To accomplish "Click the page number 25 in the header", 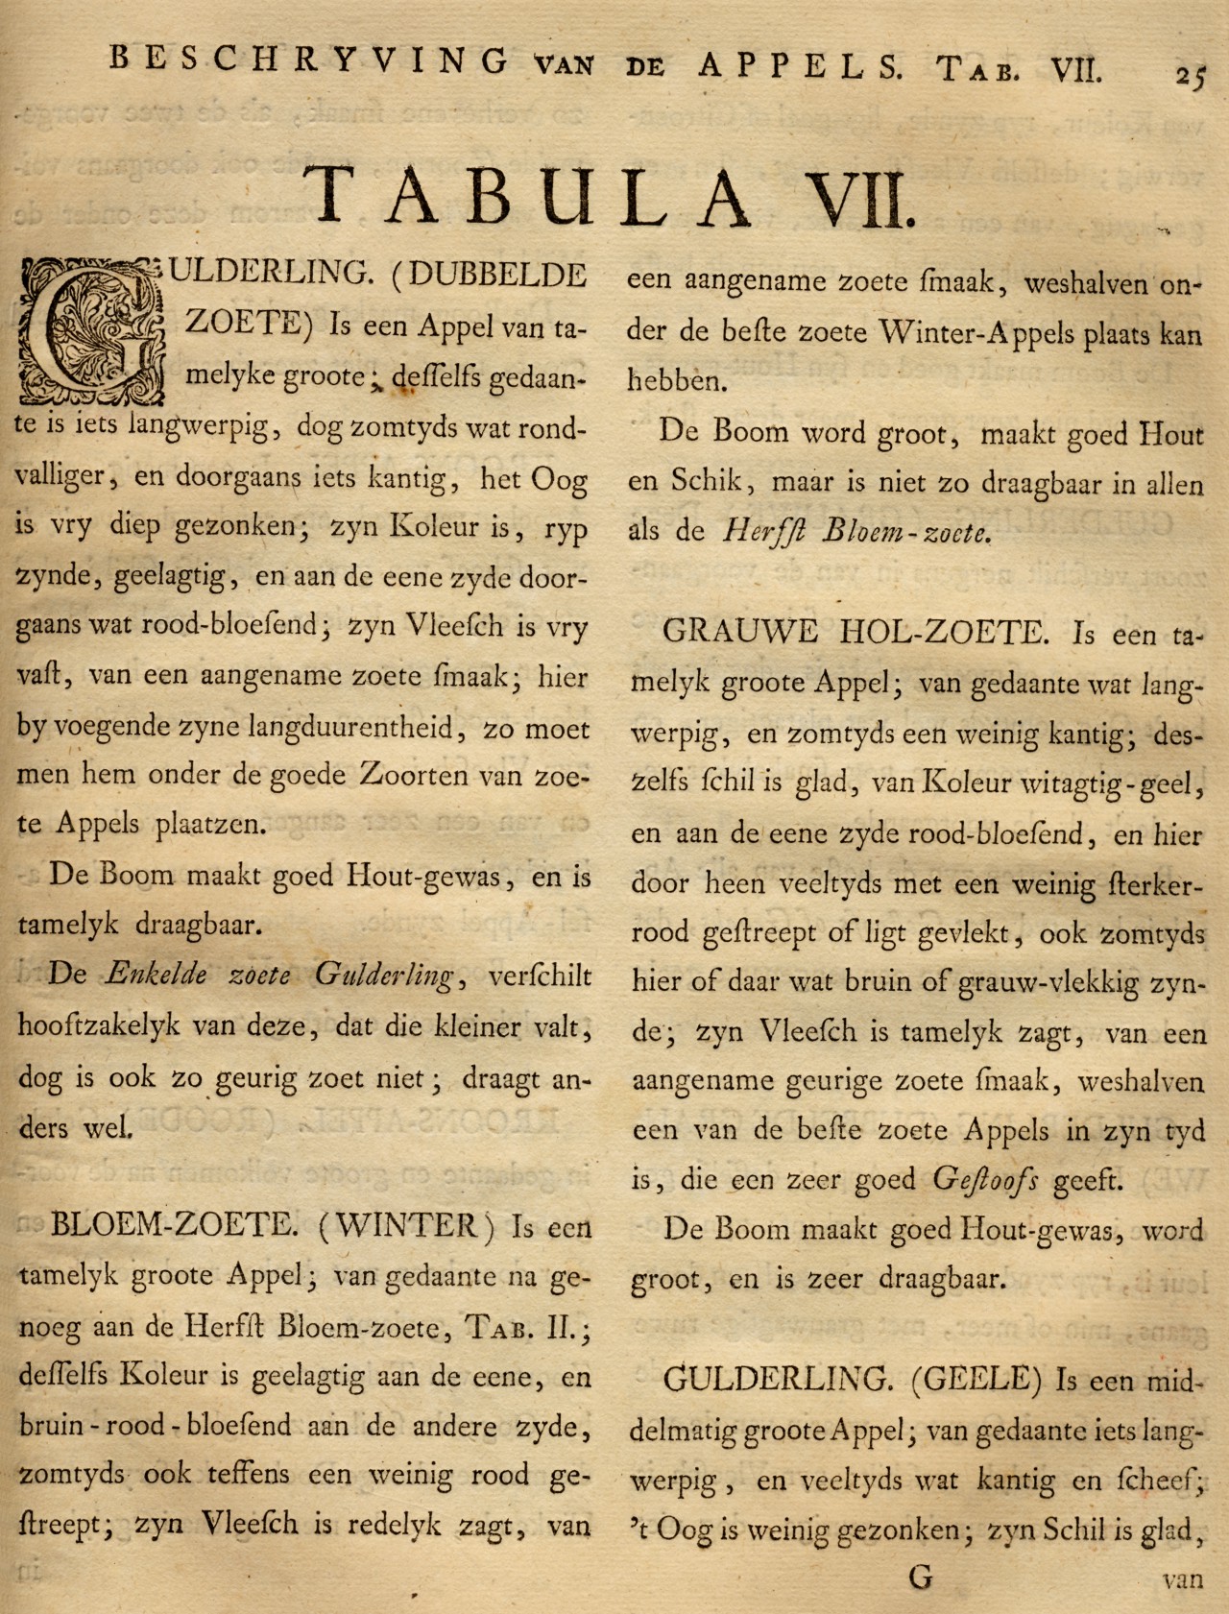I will (x=1191, y=75).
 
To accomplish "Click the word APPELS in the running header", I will (x=800, y=64).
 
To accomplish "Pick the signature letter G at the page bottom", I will (x=919, y=1577).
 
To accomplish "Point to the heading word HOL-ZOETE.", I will (x=939, y=632).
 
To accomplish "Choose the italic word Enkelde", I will (x=156, y=975).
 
